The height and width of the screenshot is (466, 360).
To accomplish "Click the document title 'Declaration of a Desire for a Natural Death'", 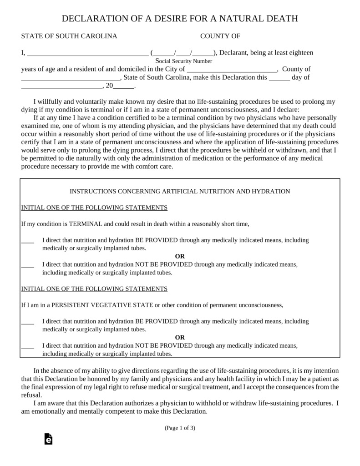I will point(180,19).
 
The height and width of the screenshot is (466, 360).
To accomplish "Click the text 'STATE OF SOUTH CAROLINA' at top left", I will point(69,36).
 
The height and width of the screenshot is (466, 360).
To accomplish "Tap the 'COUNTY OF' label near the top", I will point(220,36).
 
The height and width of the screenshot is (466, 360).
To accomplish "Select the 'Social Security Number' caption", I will point(184,61).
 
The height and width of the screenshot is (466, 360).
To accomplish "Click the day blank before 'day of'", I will point(279,78).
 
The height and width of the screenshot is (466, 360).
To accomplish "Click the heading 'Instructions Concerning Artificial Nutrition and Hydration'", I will point(180,192).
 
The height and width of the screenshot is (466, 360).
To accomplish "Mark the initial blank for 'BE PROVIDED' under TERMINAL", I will point(28,241).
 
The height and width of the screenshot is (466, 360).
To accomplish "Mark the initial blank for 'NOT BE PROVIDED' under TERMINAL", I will point(28,264).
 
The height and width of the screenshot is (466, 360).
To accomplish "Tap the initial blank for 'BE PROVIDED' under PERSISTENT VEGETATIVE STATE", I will point(28,322).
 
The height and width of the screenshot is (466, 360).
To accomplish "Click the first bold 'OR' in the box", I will point(180,256).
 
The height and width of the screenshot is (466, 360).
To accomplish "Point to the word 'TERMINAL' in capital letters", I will point(86,224).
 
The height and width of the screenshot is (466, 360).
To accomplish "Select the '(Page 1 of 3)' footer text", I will point(180,428).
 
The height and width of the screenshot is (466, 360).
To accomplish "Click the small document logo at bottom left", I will point(48,439).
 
